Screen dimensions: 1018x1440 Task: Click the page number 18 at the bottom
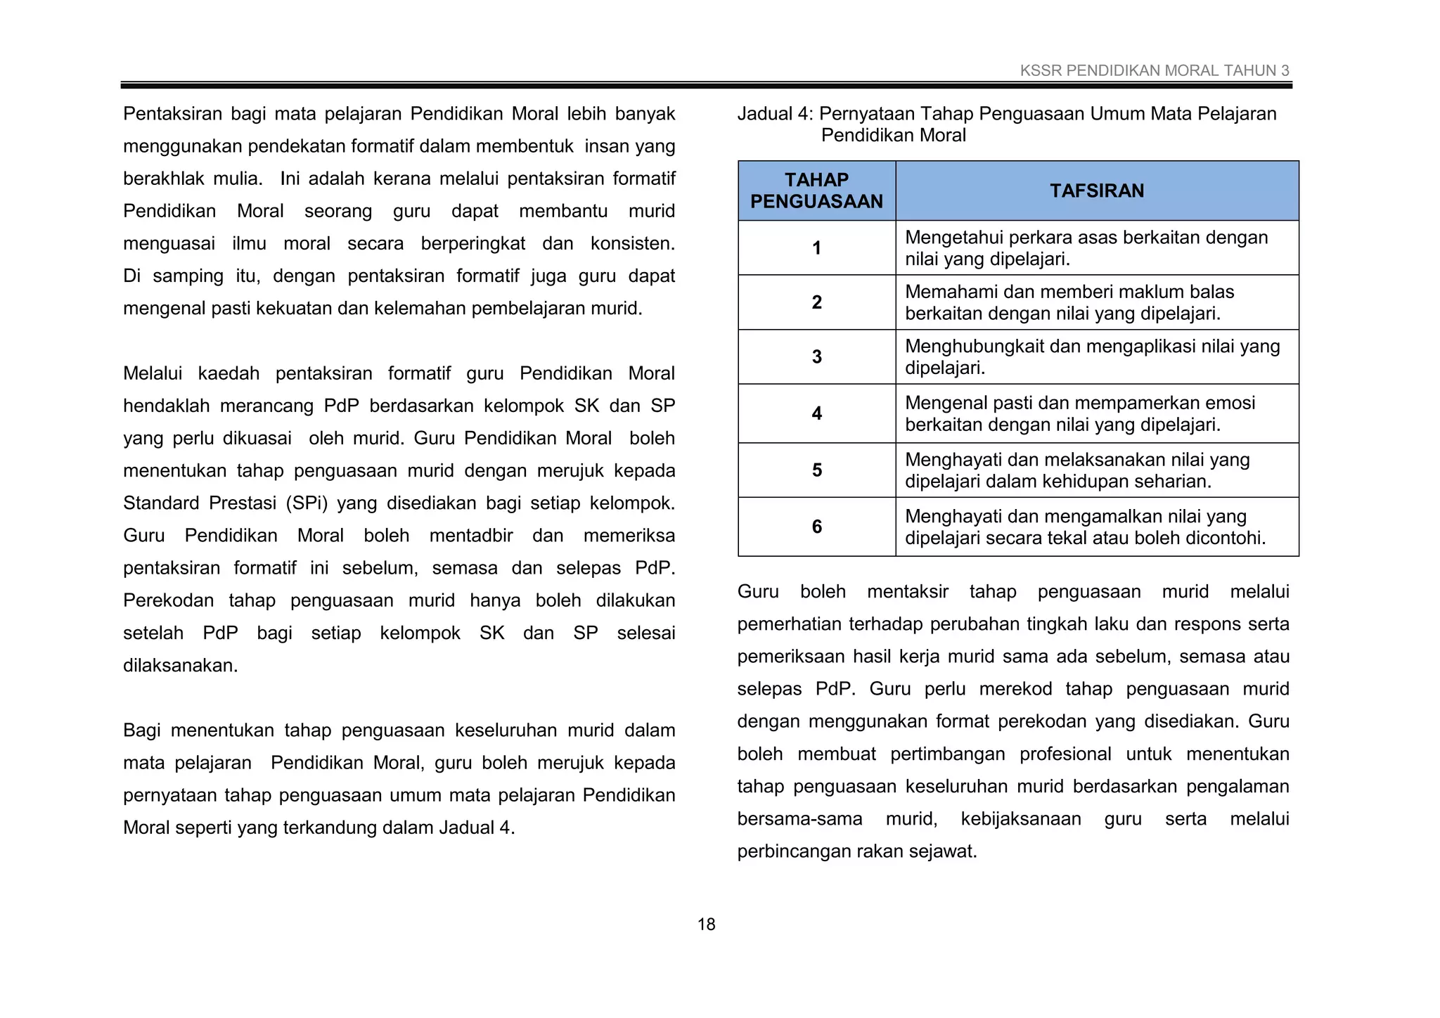coord(706,924)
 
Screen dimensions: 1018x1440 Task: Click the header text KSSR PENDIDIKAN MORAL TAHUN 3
coord(1154,70)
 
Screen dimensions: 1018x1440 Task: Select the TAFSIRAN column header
coord(1096,191)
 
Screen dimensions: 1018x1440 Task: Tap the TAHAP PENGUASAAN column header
coord(816,191)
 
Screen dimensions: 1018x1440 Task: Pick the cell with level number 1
coord(816,248)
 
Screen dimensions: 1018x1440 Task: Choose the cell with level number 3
coord(816,357)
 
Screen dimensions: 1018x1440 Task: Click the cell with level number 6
coord(816,527)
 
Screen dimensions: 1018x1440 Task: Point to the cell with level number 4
coord(816,413)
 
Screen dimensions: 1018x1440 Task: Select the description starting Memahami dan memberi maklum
coord(1069,302)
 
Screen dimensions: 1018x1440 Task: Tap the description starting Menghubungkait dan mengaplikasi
coord(1091,356)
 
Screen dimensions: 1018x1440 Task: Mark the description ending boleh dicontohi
coord(1084,527)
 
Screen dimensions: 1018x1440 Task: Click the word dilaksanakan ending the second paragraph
coord(180,666)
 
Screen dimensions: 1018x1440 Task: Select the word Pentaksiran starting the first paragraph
coord(172,114)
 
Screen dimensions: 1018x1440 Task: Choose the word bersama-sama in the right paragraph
coord(799,819)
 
